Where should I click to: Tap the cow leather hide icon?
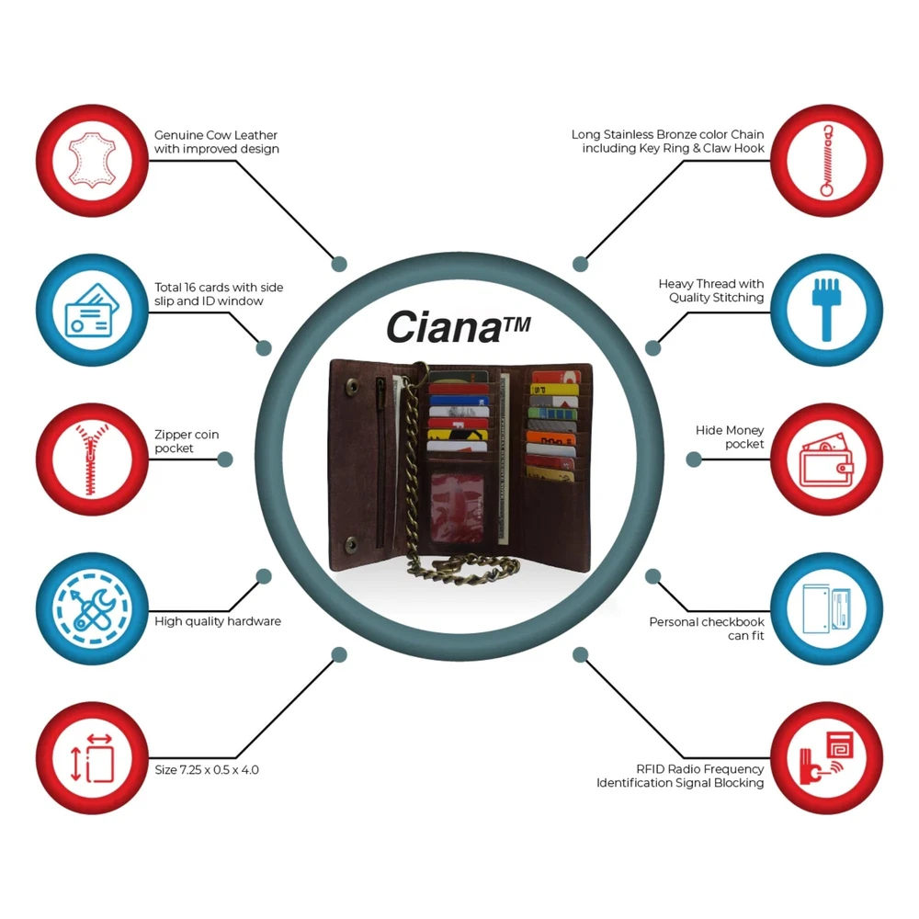pos(91,160)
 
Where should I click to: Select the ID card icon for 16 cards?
pos(91,309)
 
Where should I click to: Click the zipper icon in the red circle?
pos(91,458)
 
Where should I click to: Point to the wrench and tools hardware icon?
pos(91,607)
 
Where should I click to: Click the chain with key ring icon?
pos(826,160)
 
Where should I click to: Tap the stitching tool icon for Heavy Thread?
pos(826,309)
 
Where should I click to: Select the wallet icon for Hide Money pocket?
pos(826,458)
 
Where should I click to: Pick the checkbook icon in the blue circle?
pos(826,607)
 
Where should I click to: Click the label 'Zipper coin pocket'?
pos(187,441)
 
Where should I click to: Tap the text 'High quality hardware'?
pos(218,621)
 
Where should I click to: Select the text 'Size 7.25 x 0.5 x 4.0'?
pos(206,769)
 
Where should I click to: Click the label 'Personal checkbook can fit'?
pos(707,629)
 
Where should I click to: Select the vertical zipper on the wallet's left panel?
pos(380,459)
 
